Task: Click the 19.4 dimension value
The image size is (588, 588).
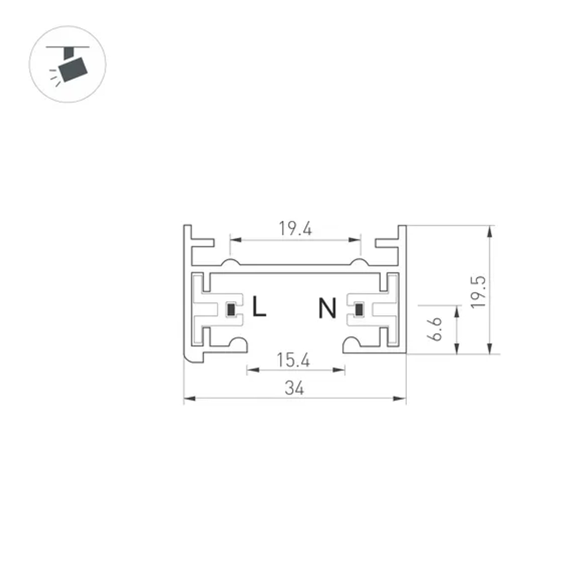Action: click(x=295, y=229)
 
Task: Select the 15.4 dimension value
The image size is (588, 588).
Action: click(x=293, y=360)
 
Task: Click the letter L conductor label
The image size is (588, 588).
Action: click(x=259, y=308)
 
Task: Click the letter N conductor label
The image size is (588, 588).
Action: click(x=328, y=308)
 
